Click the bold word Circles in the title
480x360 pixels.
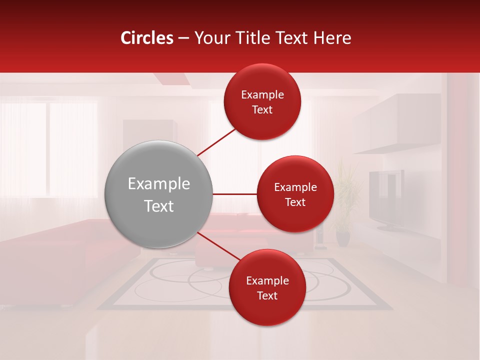click(147, 38)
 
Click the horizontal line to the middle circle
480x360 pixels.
click(234, 194)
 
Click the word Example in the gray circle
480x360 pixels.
click(159, 184)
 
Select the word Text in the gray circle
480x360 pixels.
click(159, 206)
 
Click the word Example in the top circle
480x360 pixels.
click(262, 95)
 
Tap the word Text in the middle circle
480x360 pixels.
click(295, 202)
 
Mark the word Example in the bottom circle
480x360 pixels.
click(267, 280)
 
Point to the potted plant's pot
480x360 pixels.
click(343, 238)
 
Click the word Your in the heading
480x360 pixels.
click(210, 38)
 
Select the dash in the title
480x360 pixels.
click(183, 38)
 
